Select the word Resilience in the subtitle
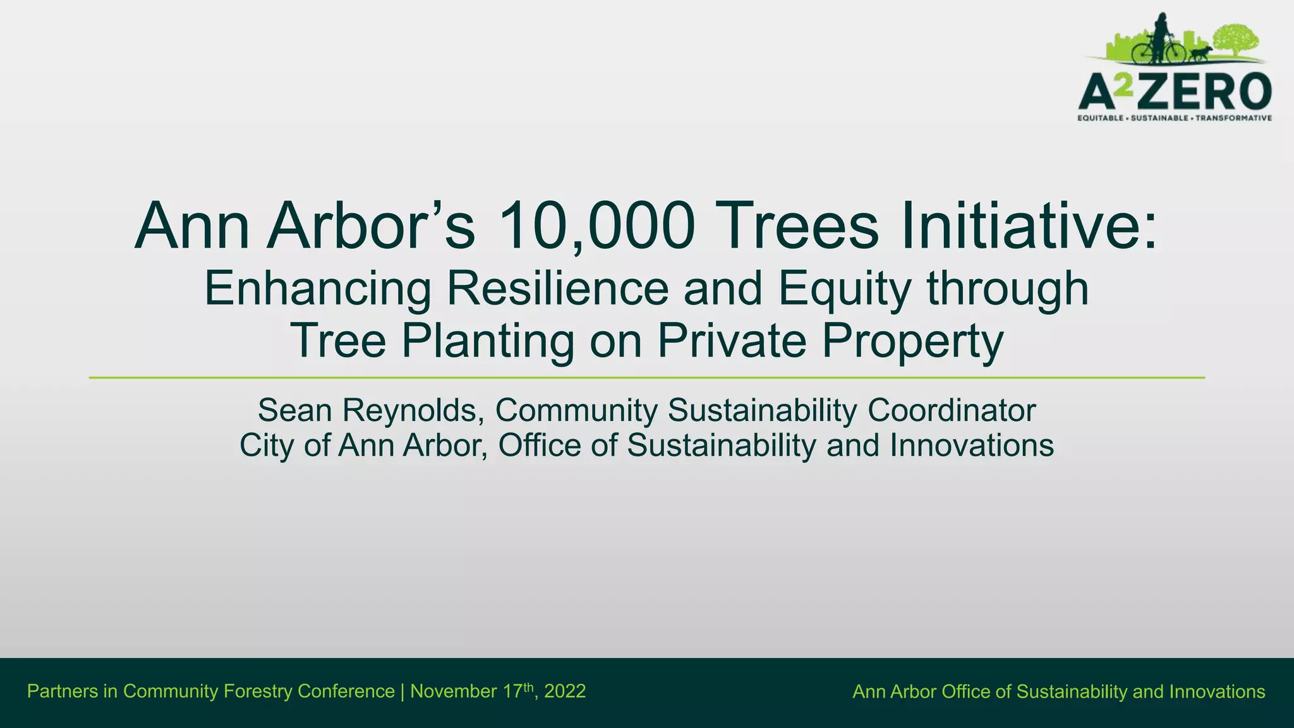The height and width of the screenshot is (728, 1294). coord(557,288)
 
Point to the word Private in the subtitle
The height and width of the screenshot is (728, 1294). coord(732,341)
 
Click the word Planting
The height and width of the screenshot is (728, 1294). coord(488,341)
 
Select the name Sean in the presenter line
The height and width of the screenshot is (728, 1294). coord(294,410)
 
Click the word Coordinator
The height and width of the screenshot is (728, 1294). coord(952,410)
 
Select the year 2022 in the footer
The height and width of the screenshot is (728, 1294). coord(565,691)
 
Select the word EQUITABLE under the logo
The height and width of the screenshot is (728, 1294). coord(1100,118)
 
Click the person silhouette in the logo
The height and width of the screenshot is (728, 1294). coord(1161,35)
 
